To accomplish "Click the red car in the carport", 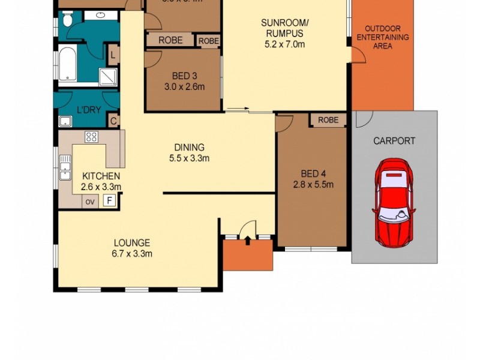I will coord(394,200).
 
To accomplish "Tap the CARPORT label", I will coord(394,141).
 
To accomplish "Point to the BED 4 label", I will coord(313,179).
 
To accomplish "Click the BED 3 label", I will coord(184,81).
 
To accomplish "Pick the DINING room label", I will coord(189,152).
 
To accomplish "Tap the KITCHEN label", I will coord(101,181).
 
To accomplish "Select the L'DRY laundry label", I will coord(88,110).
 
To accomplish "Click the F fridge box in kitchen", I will coord(110,201).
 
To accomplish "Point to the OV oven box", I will coord(90,202).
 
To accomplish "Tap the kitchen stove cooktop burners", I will coord(91,137).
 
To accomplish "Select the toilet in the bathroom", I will coord(67,20).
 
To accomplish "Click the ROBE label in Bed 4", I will coord(328,120).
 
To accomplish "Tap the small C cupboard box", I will coord(113,121).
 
